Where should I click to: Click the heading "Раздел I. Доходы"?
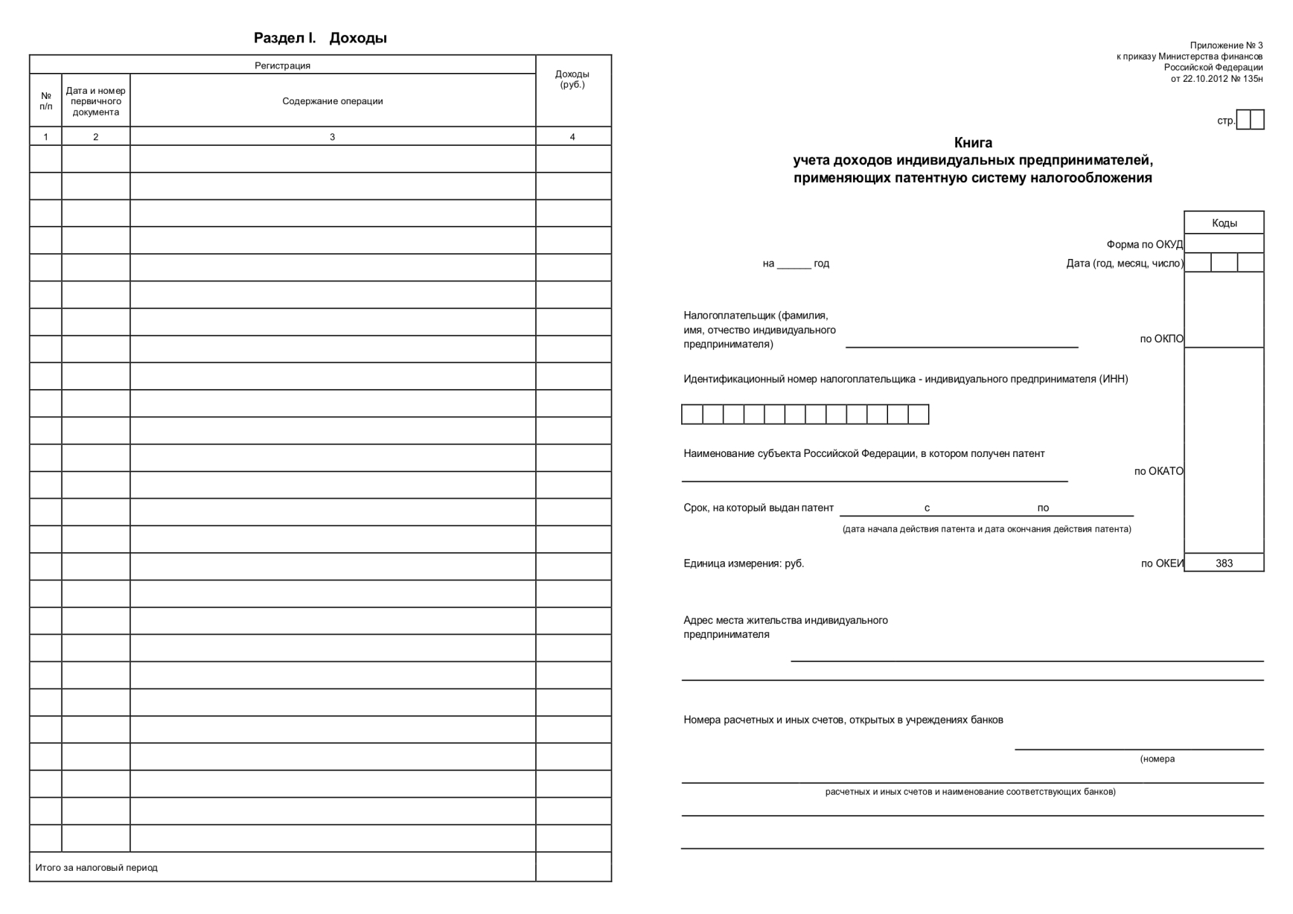tap(320, 38)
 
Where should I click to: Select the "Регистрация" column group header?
tap(282, 65)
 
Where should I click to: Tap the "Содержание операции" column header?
tap(332, 101)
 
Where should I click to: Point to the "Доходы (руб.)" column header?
tap(572, 79)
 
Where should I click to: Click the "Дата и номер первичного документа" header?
tap(95, 101)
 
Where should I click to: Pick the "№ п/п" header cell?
tap(46, 101)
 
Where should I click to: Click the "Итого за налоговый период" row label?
tap(97, 868)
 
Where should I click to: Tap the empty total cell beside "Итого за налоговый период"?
tap(573, 867)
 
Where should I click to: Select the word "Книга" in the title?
tap(973, 143)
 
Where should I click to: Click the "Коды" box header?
tap(1224, 223)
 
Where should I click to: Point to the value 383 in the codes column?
tap(1224, 563)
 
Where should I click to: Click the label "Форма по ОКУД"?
tap(1144, 245)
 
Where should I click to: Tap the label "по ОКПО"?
tap(1161, 339)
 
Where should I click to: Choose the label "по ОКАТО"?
tap(1158, 471)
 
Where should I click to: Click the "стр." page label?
tap(1225, 121)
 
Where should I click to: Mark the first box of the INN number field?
tap(692, 415)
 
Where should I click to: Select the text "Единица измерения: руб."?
tap(744, 563)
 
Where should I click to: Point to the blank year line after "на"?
tap(794, 264)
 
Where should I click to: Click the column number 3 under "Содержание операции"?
tap(332, 137)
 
